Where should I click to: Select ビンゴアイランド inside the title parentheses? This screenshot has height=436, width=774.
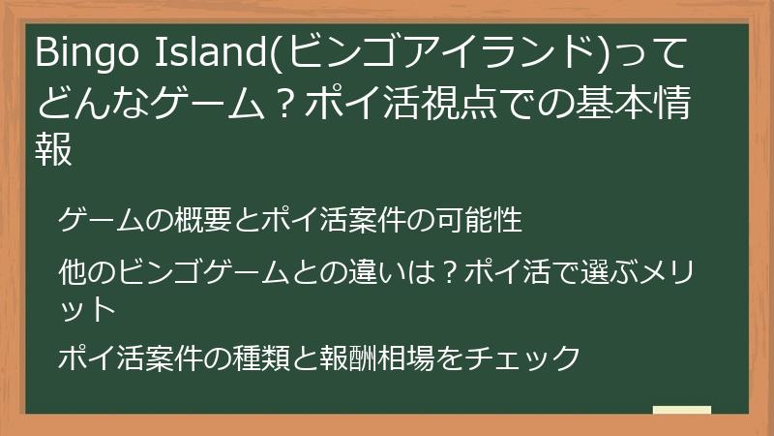[x=434, y=55]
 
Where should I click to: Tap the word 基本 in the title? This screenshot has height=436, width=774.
[x=615, y=104]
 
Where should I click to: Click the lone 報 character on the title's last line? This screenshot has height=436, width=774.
[x=54, y=149]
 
